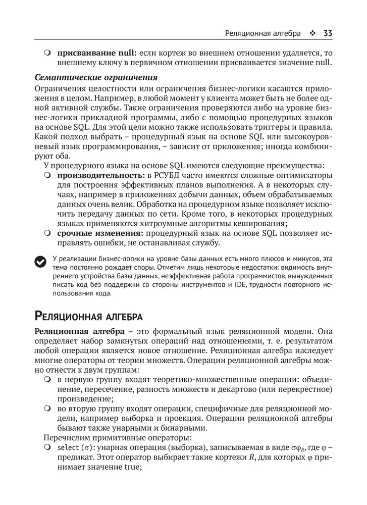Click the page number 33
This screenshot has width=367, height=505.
327,34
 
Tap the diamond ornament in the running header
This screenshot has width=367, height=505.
312,34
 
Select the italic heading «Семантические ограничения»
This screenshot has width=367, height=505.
96,77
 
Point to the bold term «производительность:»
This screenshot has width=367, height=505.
101,175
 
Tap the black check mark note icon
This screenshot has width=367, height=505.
40,261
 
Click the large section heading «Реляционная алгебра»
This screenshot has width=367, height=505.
88,317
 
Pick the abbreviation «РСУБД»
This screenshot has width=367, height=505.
170,175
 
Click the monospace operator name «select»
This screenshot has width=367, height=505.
68,448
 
